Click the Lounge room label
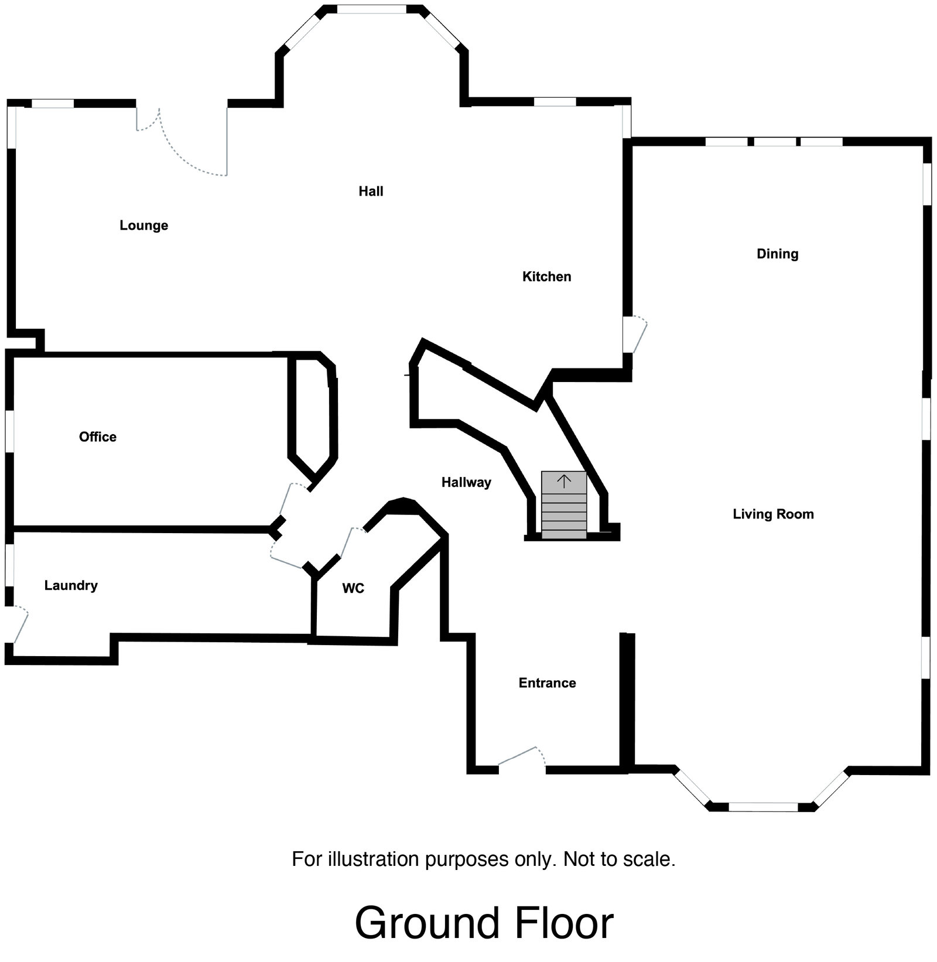[143, 226]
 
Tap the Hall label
[371, 191]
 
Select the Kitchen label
[546, 277]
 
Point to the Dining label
[777, 254]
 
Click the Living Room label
[773, 514]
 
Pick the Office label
[98, 436]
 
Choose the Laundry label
[71, 585]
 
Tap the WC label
[353, 588]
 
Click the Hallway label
[466, 482]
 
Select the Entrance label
[547, 683]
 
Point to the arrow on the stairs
[563, 482]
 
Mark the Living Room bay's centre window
[762, 807]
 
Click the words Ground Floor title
[484, 923]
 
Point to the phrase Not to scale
[619, 859]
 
